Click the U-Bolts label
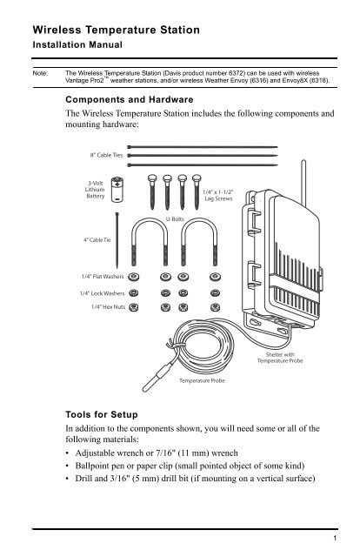point(183,220)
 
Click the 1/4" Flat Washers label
point(98,279)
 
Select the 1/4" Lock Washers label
point(98,294)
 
